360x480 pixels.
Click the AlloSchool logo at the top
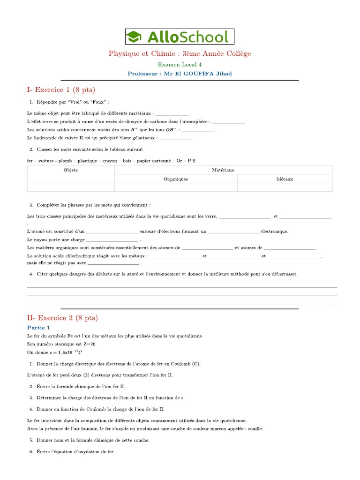tap(180, 37)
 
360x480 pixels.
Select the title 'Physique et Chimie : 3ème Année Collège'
tap(180, 54)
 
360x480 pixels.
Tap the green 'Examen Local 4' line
tap(180, 65)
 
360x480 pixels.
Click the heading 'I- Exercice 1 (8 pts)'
tap(61, 90)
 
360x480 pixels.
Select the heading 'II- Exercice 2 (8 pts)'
tap(62, 317)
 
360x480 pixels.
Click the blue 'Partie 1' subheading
tap(38, 328)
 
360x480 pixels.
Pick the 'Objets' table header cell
tap(71, 170)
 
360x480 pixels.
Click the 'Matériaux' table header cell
tap(223, 170)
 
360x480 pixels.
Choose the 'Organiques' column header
tap(176, 179)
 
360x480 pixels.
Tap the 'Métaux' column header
tap(285, 179)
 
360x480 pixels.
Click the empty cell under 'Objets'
tap(71, 187)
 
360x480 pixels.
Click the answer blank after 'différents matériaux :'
tap(172, 113)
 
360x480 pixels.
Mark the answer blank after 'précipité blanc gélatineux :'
tap(176, 138)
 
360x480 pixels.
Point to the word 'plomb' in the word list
tap(65, 161)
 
